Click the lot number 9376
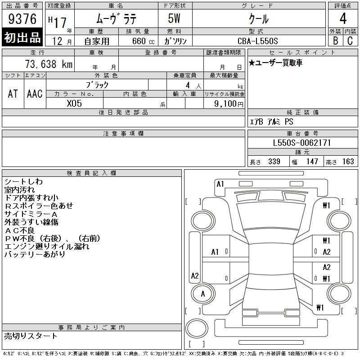(22, 18)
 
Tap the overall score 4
(343, 18)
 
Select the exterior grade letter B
(335, 40)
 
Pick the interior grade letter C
(350, 40)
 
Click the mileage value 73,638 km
(49, 64)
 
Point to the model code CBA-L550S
(257, 41)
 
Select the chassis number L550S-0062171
(301, 143)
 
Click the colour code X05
(74, 103)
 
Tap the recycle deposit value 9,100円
(229, 104)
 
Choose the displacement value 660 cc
(143, 41)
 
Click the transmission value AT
(13, 94)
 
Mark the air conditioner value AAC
(35, 94)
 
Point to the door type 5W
(174, 18)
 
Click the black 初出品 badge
(22, 37)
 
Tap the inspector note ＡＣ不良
(19, 230)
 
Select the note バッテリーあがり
(35, 254)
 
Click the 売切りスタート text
(31, 336)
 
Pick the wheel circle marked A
(203, 294)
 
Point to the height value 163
(348, 162)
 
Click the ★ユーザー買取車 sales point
(275, 63)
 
